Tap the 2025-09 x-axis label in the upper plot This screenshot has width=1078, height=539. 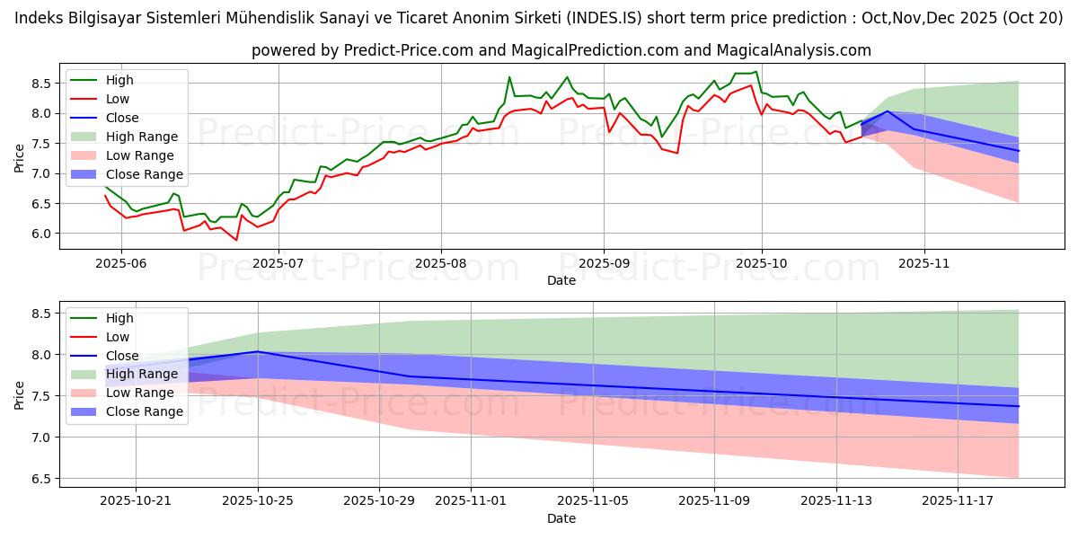(x=604, y=264)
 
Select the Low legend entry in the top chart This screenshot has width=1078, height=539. (x=118, y=99)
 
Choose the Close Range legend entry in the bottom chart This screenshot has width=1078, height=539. (x=144, y=412)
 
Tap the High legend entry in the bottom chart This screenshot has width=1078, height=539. (x=119, y=318)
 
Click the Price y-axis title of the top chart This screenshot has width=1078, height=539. (x=19, y=158)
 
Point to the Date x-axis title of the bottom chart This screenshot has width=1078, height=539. (x=561, y=518)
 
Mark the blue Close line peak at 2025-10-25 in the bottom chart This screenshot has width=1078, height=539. (x=258, y=351)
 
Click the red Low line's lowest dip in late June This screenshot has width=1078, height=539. (x=236, y=240)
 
